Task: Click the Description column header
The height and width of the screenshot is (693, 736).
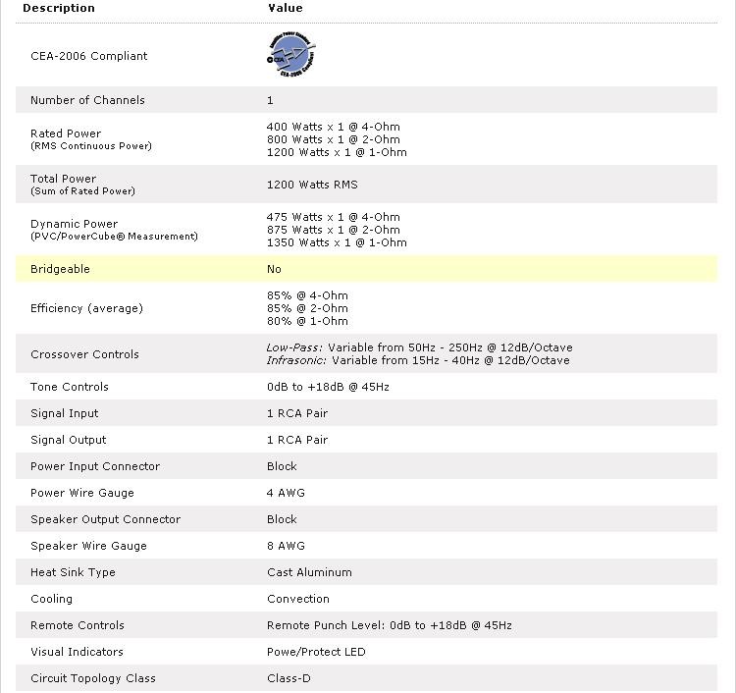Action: (x=59, y=8)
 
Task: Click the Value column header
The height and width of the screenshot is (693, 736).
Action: (x=286, y=8)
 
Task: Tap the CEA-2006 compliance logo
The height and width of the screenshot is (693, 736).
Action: (x=291, y=56)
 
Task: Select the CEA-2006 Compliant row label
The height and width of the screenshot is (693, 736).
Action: (x=89, y=56)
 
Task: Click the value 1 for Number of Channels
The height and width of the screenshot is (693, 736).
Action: (x=270, y=100)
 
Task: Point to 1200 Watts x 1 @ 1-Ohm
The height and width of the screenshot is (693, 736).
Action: (x=337, y=152)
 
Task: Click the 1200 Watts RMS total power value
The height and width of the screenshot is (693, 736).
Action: (x=312, y=185)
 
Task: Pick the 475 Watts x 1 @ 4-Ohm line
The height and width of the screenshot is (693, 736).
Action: (x=334, y=217)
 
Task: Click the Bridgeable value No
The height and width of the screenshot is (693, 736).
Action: (x=274, y=269)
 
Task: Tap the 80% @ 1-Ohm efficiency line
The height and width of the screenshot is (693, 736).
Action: (x=307, y=321)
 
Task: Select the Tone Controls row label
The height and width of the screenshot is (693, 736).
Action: (x=70, y=387)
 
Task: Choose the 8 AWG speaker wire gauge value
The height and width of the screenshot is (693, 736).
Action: (x=286, y=546)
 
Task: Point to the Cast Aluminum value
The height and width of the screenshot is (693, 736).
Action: (x=309, y=572)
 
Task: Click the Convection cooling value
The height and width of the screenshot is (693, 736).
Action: (x=298, y=599)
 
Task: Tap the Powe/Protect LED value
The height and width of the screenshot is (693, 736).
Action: (x=316, y=652)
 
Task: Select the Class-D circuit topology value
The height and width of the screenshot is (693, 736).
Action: (x=289, y=678)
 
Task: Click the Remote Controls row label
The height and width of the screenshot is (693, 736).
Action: (x=77, y=625)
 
